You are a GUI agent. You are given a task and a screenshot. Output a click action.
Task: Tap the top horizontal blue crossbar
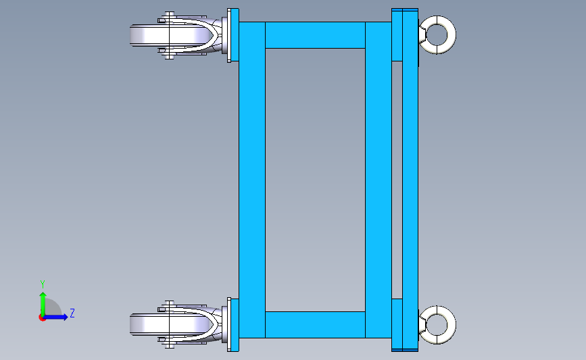point(315,35)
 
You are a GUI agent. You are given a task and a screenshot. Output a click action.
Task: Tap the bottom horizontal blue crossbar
point(315,324)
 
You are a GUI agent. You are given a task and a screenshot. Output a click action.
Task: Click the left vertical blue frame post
point(252,180)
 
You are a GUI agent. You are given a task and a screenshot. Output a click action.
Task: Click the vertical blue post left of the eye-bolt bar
point(379,180)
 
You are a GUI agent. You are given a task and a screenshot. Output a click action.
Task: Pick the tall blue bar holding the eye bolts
point(410,180)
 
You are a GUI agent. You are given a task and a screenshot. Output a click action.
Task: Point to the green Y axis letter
point(43,284)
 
